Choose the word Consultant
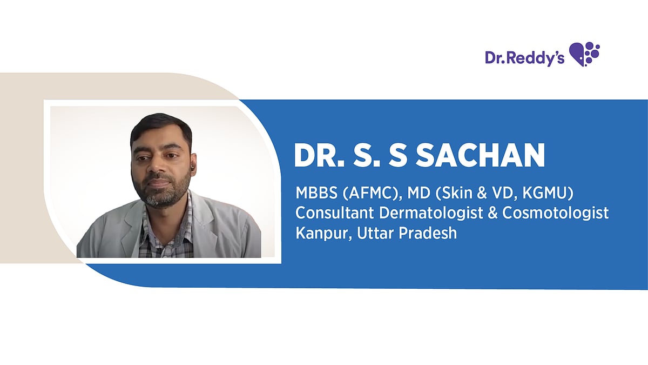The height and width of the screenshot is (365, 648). [334, 213]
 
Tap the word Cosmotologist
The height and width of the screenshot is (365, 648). [556, 213]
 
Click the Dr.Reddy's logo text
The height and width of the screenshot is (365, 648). [524, 57]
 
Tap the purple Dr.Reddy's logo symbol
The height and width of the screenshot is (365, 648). [584, 54]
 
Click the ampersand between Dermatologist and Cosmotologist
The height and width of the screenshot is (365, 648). [492, 213]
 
